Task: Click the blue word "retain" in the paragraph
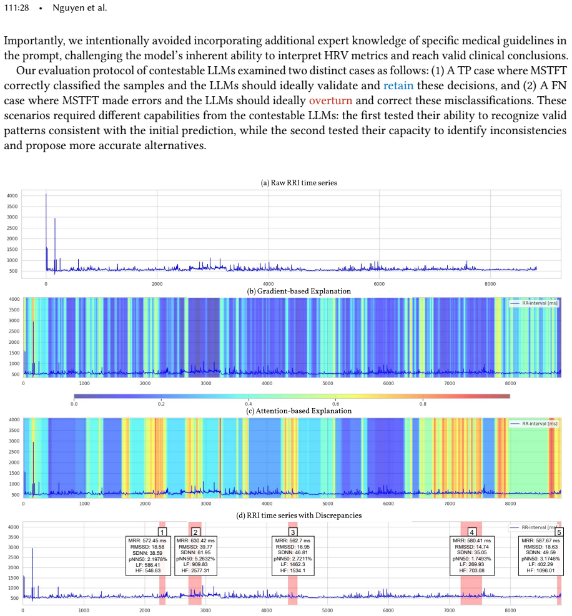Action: pyautogui.click(x=398, y=86)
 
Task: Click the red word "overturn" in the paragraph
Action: pyautogui.click(x=330, y=100)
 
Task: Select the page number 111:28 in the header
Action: pyautogui.click(x=16, y=7)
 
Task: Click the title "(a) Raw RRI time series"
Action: pyautogui.click(x=298, y=183)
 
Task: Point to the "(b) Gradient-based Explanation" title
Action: pyautogui.click(x=298, y=291)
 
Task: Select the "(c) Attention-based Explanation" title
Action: pyautogui.click(x=298, y=411)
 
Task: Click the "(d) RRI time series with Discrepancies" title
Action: pyautogui.click(x=298, y=516)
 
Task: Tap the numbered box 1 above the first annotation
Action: pyautogui.click(x=162, y=532)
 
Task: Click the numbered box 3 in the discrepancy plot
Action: pyautogui.click(x=293, y=532)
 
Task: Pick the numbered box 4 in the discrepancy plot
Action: pyautogui.click(x=471, y=532)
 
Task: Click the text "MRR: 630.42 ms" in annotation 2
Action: pyautogui.click(x=196, y=540)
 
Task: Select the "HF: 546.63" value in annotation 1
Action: pyautogui.click(x=148, y=570)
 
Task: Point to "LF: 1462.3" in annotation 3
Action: pyautogui.click(x=293, y=565)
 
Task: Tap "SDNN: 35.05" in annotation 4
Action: pyautogui.click(x=471, y=552)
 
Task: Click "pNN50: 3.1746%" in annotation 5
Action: pyautogui.click(x=541, y=559)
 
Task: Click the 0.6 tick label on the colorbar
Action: pyautogui.click(x=335, y=404)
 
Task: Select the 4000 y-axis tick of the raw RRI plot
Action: pyautogui.click(x=12, y=195)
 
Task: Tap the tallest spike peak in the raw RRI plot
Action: pyautogui.click(x=46, y=194)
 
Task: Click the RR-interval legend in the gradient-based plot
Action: pyautogui.click(x=534, y=303)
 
